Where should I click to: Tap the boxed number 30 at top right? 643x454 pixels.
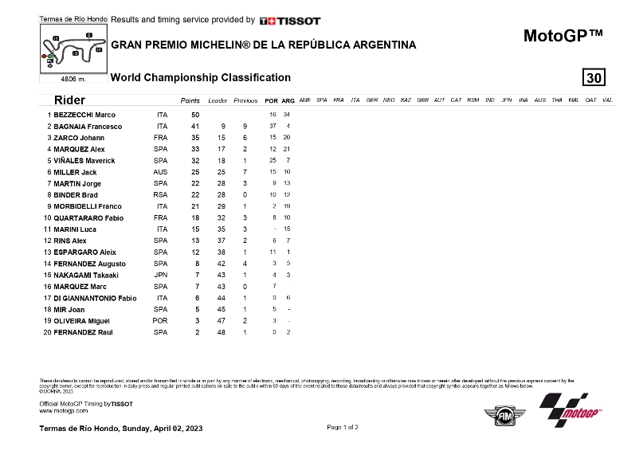tap(594, 77)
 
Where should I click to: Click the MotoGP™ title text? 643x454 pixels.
tap(563, 36)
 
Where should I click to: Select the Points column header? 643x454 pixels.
tap(190, 100)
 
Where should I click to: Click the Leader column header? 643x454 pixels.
tap(218, 100)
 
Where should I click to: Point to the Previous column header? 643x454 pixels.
tap(246, 100)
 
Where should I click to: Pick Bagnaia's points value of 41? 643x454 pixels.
tap(194, 127)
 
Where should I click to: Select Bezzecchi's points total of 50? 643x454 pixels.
tap(194, 115)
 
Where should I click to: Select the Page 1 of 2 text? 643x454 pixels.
tap(343, 428)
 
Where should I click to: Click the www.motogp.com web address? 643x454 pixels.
tap(63, 411)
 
